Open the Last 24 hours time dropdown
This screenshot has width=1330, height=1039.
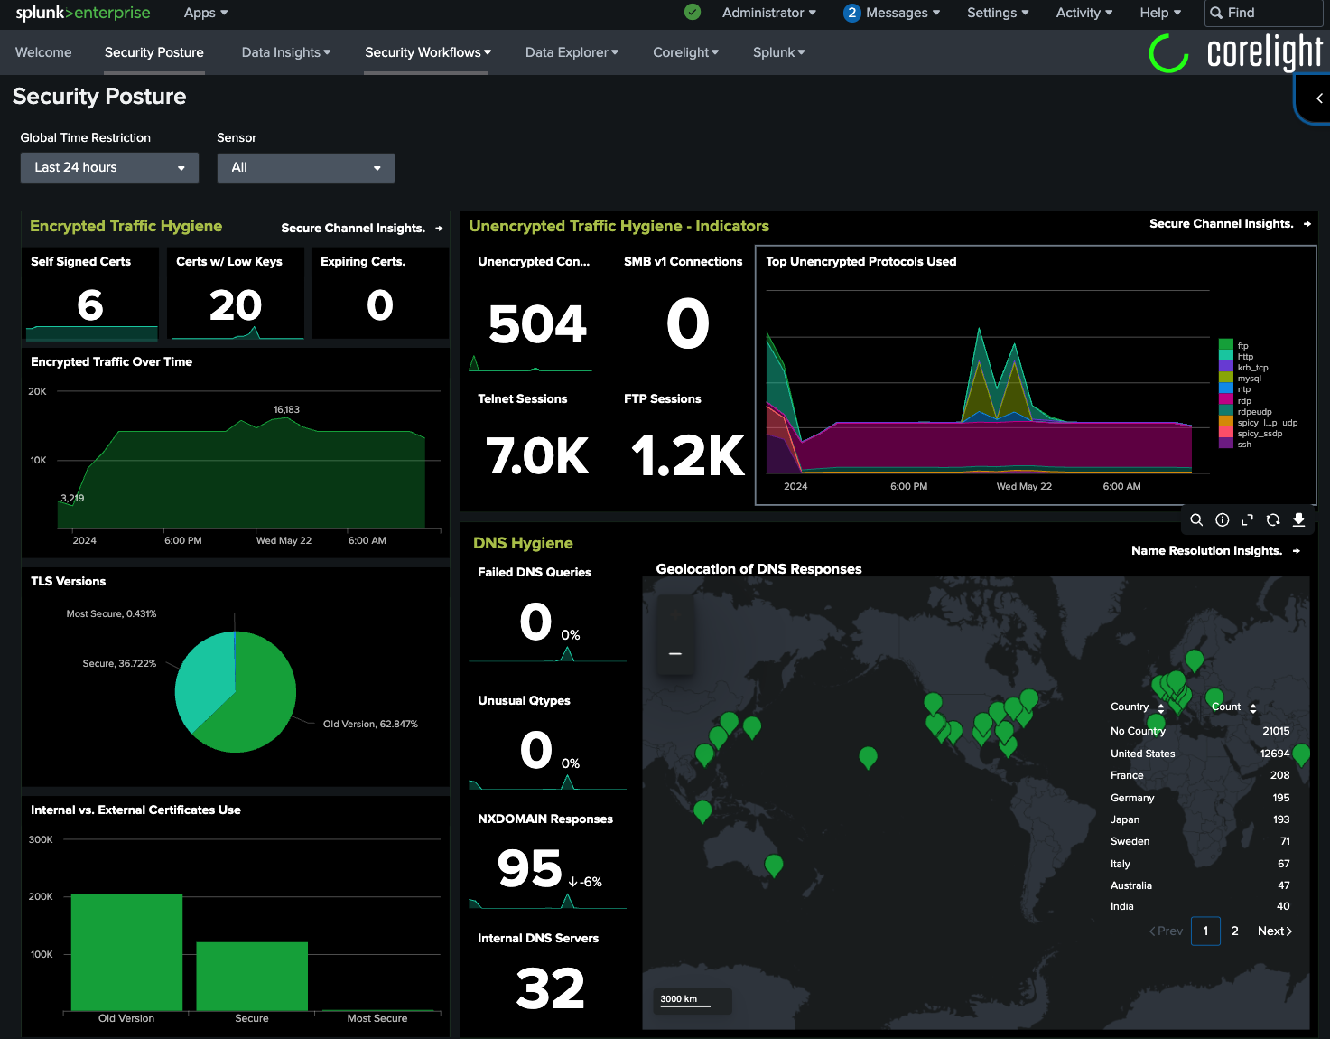(x=109, y=168)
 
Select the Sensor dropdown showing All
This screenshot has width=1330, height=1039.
(x=305, y=168)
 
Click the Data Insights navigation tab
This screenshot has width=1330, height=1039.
(x=285, y=52)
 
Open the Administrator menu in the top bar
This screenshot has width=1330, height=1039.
(x=768, y=13)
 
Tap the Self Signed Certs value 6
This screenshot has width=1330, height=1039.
(x=90, y=305)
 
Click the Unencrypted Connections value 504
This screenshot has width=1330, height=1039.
(x=537, y=324)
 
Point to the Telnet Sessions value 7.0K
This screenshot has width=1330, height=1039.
(x=537, y=455)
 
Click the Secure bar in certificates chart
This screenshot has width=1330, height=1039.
(x=252, y=976)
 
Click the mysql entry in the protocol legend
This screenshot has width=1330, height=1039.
(x=1249, y=379)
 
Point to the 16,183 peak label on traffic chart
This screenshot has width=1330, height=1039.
(x=286, y=410)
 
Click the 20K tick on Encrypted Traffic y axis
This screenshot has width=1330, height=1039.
(x=37, y=392)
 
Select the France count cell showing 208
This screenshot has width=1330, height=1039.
(x=1279, y=775)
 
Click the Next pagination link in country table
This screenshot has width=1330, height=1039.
(x=1274, y=931)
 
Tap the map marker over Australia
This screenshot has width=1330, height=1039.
(x=774, y=864)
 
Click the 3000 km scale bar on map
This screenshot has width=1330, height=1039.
(x=684, y=1000)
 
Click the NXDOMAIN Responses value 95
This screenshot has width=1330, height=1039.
(x=530, y=868)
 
